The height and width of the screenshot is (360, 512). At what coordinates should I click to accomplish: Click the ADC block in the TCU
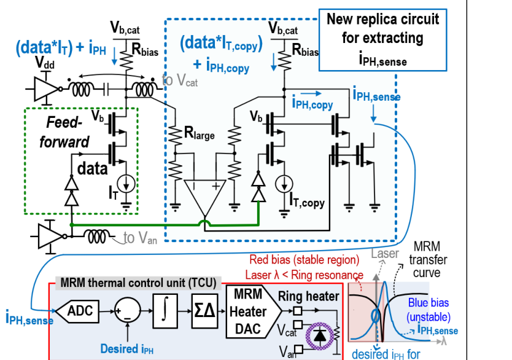78,311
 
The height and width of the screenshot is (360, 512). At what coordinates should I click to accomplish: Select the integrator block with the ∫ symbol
165,311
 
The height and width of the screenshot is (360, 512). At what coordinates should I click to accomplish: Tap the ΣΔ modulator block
204,311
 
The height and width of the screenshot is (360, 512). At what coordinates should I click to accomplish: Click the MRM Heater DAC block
254,311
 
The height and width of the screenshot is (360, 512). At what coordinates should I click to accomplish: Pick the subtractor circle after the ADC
127,311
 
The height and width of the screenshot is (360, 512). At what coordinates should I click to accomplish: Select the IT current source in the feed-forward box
126,184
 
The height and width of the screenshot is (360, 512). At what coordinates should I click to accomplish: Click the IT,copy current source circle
284,184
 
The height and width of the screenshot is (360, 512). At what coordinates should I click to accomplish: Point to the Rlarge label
199,133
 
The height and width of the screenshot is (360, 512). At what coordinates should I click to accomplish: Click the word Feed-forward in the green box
64,132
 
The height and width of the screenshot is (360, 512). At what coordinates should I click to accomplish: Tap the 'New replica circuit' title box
382,40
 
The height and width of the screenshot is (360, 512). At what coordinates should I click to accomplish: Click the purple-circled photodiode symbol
320,335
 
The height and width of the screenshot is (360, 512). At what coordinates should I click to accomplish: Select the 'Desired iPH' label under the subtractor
126,349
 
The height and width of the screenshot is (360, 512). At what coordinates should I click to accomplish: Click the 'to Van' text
141,238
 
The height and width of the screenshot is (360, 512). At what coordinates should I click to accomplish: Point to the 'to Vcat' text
180,80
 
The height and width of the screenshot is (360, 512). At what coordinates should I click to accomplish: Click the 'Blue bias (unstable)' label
429,310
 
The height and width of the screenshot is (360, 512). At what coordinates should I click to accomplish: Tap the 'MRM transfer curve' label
428,260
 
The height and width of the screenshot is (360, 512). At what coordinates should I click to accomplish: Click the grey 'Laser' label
385,253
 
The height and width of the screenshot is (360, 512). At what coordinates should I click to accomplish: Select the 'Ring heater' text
309,296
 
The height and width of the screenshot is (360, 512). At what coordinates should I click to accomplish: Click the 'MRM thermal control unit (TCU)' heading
139,283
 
